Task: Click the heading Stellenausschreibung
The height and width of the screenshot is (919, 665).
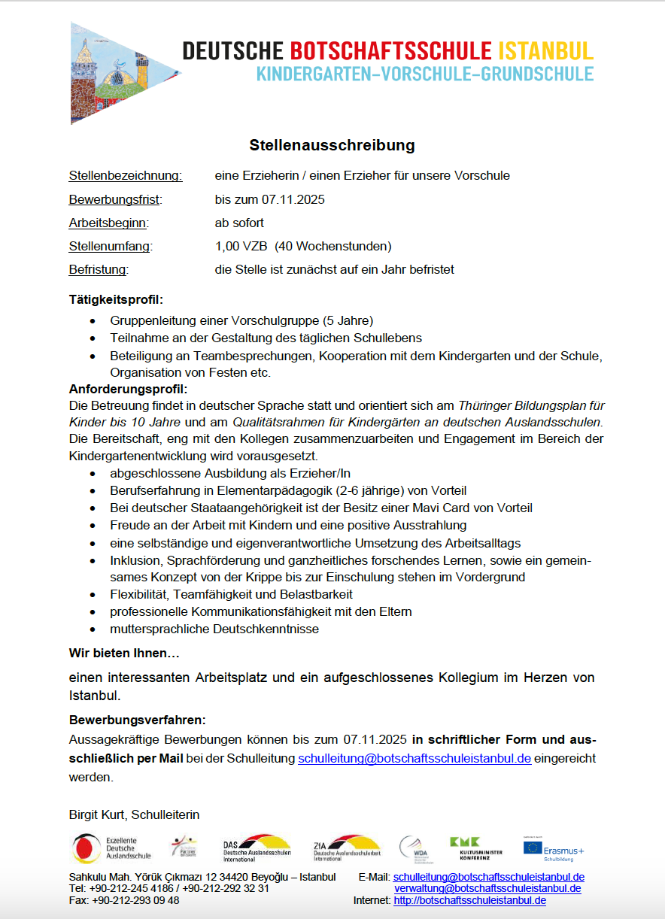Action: coord(332,144)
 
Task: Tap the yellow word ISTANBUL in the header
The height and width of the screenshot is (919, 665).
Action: coord(545,51)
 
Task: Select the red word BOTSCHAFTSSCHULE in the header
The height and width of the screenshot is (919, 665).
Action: coord(391,51)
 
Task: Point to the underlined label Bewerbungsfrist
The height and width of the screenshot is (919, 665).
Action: coord(115,200)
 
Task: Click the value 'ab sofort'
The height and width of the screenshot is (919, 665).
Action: coord(239,223)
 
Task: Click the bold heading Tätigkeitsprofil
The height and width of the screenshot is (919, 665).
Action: coord(116,299)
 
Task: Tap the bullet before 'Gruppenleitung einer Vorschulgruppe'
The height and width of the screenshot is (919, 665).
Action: coord(92,320)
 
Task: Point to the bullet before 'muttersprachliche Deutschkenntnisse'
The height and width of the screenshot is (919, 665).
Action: coord(92,629)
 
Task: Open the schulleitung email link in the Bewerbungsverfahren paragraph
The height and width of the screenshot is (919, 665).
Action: coord(414,759)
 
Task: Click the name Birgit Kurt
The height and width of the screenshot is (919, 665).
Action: coord(97,814)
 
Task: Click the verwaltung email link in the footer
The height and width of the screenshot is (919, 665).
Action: coord(487,888)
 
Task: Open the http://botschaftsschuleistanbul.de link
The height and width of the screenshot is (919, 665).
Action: coord(469,900)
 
